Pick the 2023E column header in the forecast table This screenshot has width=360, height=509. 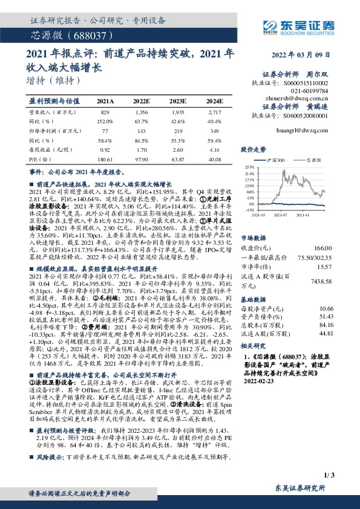[178, 101]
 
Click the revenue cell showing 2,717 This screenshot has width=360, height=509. [215, 113]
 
